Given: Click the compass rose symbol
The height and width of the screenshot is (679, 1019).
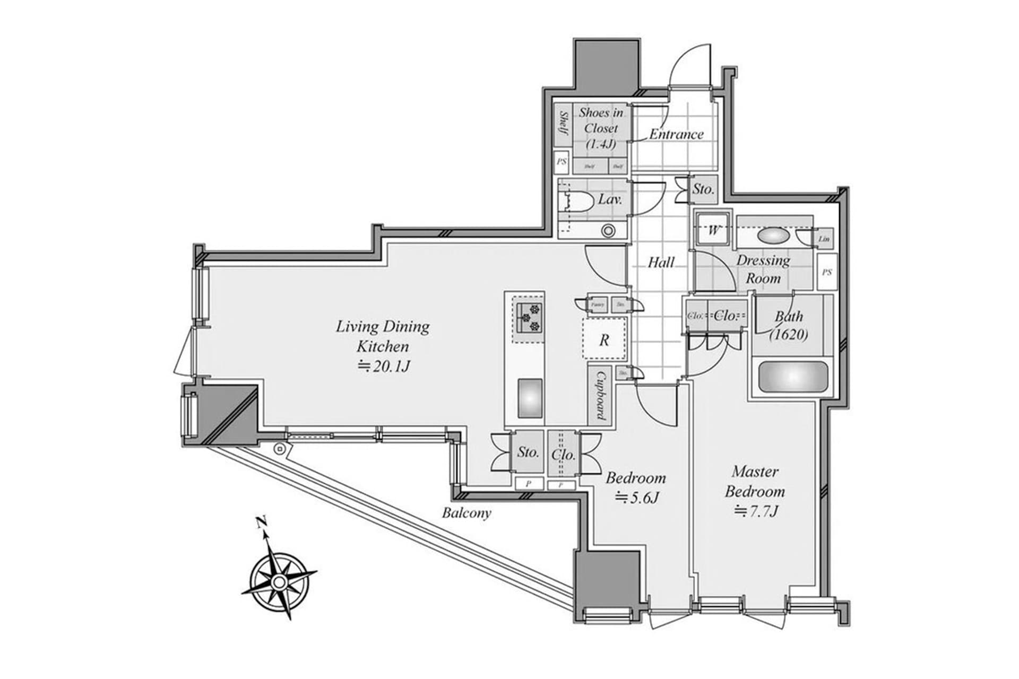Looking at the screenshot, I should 279,582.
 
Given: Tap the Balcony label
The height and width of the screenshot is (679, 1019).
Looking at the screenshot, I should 467,513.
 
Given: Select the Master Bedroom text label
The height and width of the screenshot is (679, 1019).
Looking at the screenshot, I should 755,481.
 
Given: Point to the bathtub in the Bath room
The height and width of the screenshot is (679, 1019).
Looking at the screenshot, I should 793,377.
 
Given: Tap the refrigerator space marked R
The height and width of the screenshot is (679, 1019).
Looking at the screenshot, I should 604,339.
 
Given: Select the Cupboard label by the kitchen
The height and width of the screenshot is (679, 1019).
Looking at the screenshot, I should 601,395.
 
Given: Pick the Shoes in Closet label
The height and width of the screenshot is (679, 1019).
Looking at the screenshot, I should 601,128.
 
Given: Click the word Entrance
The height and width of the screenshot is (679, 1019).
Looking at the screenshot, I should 676,134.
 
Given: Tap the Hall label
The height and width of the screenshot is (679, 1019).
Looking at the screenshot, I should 661,262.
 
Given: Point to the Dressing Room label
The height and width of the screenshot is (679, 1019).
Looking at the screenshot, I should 763,269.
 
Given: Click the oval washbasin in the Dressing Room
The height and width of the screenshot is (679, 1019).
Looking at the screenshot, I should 773,235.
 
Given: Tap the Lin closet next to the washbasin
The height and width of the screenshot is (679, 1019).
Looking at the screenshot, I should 823,239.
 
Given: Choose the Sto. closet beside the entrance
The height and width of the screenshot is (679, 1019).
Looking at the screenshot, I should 704,189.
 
